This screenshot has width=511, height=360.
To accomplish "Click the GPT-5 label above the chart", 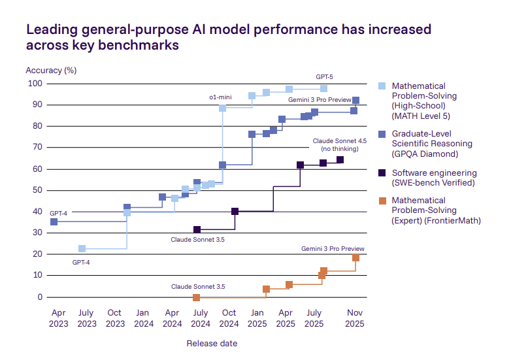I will (x=325, y=77).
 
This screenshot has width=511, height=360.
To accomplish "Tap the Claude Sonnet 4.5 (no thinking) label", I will (x=339, y=144).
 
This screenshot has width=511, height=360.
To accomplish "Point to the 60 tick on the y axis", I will (x=36, y=169).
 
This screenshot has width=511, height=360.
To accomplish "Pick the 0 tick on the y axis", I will (x=39, y=297).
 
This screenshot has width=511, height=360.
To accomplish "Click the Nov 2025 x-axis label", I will (x=355, y=318).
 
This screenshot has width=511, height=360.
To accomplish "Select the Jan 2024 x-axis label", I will (x=143, y=318).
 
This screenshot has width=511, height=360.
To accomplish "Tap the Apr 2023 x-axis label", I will (x=58, y=318).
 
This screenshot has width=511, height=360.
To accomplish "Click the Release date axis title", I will (x=212, y=343).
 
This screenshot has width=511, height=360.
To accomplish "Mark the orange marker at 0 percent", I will (x=196, y=297).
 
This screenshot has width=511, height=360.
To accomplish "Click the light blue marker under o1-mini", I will (x=223, y=108).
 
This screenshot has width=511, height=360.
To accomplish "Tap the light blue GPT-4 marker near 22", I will (x=82, y=249).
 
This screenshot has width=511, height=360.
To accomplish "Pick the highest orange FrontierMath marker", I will (x=356, y=257).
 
